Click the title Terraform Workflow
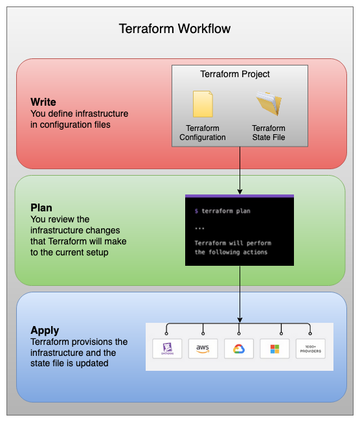(x=175, y=29)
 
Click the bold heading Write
(x=43, y=102)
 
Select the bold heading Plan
(x=41, y=208)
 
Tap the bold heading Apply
(x=45, y=331)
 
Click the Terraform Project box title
(x=235, y=74)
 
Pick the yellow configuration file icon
(x=203, y=104)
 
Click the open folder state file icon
(x=268, y=104)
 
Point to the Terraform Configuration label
(x=203, y=133)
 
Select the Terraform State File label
(x=268, y=133)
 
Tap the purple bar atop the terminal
(x=240, y=196)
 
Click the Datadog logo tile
(x=167, y=349)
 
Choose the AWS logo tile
(x=203, y=349)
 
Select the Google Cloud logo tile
(x=239, y=349)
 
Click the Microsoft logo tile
(x=275, y=349)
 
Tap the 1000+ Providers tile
(x=310, y=349)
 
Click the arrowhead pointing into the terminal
(x=240, y=191)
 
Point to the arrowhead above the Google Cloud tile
(x=240, y=319)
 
